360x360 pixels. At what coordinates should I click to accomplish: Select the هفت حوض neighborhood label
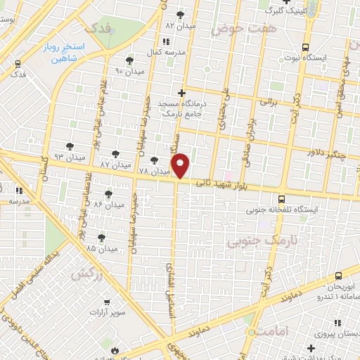click(236, 30)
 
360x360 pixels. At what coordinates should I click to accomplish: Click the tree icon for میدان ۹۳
click(69, 146)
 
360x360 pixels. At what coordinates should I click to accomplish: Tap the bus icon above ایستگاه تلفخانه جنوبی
click(281, 198)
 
